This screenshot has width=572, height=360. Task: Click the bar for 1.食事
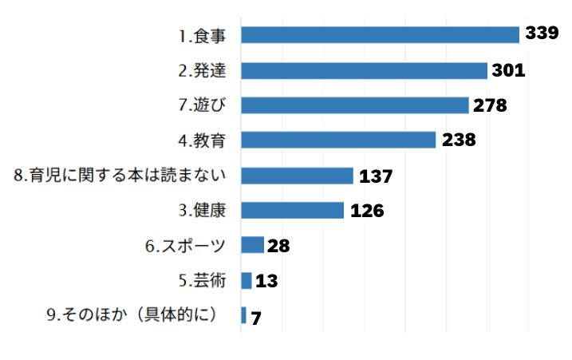380,35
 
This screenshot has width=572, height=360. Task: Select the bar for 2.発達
364,70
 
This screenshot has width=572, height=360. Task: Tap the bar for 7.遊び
354,105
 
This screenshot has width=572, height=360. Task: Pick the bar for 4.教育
338,140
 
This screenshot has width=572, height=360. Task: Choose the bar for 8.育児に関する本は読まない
297,176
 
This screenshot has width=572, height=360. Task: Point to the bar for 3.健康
292,210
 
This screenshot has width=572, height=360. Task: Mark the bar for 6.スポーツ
252,245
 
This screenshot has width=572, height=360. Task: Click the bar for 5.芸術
247,280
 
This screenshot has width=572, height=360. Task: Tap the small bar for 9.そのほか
243,315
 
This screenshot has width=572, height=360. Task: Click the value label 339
542,34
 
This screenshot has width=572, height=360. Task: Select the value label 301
508,70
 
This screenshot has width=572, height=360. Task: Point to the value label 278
491,105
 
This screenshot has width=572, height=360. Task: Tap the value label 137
376,176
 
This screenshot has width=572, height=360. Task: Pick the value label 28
278,245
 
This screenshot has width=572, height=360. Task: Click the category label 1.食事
202,36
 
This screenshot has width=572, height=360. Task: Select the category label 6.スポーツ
184,245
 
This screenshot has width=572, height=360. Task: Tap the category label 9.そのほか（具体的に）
132,315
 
